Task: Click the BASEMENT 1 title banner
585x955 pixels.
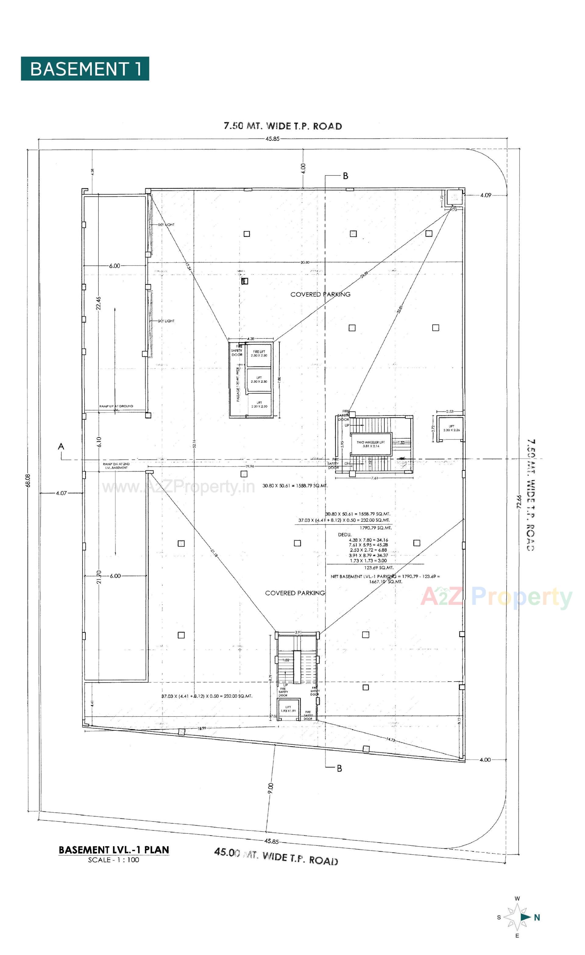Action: (85, 69)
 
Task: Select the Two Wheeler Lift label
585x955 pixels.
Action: (371, 444)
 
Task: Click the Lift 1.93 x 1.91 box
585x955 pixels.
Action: (288, 709)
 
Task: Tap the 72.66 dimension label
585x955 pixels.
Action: (519, 503)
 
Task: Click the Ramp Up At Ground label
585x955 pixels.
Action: (116, 406)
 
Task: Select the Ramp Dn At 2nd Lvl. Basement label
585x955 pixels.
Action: (116, 465)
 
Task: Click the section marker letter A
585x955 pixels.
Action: (61, 447)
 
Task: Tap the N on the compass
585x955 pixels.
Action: (537, 918)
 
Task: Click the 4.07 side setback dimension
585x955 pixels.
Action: (61, 494)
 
